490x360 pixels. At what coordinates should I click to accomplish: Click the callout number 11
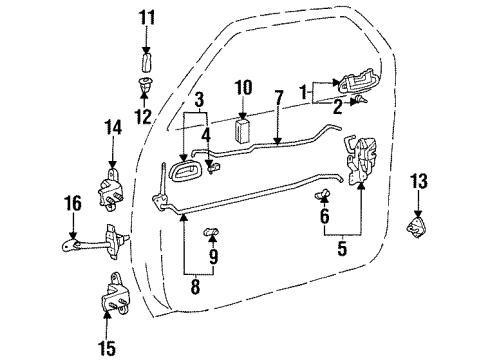(x=147, y=16)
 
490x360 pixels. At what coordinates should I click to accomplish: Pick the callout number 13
(x=418, y=181)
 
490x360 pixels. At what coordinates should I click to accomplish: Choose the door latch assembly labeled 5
(x=360, y=161)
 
